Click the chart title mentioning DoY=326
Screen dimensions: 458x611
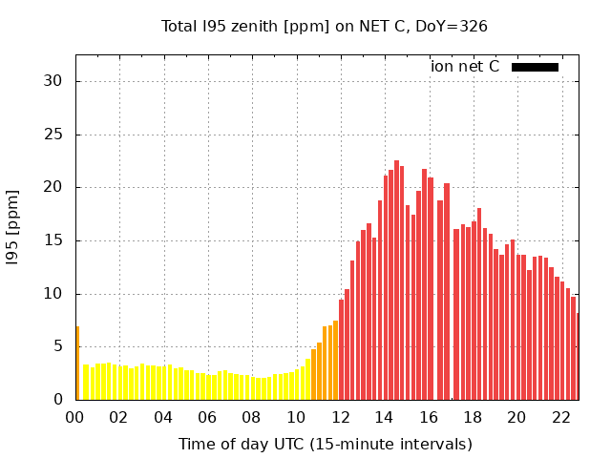pos(325,27)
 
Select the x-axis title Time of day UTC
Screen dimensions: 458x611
pos(325,444)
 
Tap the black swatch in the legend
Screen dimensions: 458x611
pos(535,67)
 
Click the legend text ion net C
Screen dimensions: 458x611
pos(465,67)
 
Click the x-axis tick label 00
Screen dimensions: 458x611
pos(74,417)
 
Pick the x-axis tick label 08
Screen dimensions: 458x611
pos(251,417)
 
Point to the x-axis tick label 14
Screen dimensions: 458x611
pos(384,417)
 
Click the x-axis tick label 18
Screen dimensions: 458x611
pos(472,417)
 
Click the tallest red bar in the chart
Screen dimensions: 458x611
pos(396,286)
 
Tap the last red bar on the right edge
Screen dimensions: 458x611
pos(577,358)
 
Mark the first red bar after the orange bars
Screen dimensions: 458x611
pos(341,353)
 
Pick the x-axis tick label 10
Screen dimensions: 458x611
pos(295,417)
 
